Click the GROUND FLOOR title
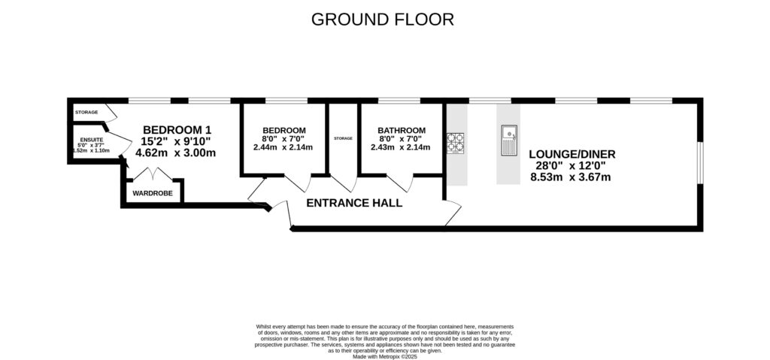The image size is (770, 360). [x=383, y=19]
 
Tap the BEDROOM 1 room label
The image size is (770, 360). [x=177, y=129]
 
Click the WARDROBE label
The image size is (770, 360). [x=153, y=193]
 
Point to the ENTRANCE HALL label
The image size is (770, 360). [x=353, y=203]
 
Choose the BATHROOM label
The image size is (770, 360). [x=402, y=130]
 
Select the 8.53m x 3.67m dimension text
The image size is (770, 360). [x=571, y=177]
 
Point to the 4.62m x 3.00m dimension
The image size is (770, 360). [x=175, y=153]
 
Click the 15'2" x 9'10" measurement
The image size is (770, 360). [x=177, y=141]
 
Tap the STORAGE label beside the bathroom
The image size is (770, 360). [x=343, y=138]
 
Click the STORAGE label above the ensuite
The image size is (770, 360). [x=86, y=112]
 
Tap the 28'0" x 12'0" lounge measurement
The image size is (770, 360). [x=571, y=165]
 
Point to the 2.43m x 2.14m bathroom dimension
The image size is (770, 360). [x=400, y=147]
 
